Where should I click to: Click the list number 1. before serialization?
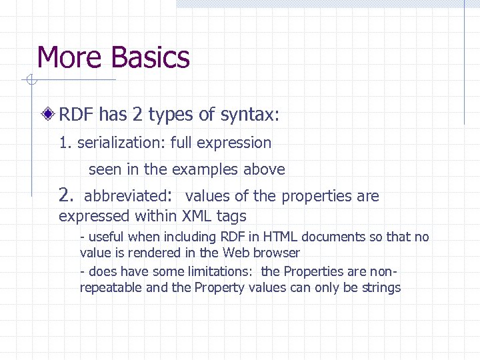(x=65, y=143)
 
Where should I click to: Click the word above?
(x=264, y=169)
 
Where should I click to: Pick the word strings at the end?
(x=381, y=288)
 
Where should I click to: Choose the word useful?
(x=105, y=237)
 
